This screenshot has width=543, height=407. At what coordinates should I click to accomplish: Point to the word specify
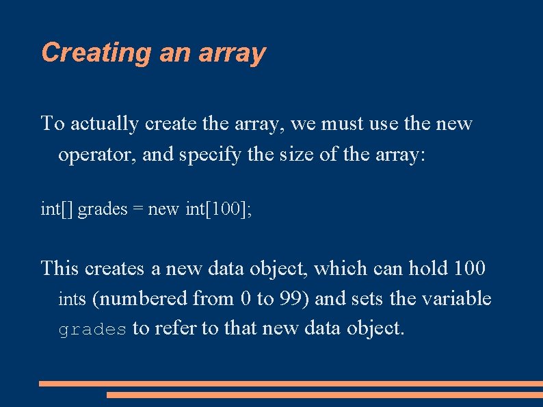click(209, 155)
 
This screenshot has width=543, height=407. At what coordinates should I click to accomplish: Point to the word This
click(60, 268)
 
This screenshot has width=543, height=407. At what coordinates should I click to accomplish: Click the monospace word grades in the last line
click(92, 330)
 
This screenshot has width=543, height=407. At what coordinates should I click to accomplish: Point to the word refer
click(175, 329)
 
